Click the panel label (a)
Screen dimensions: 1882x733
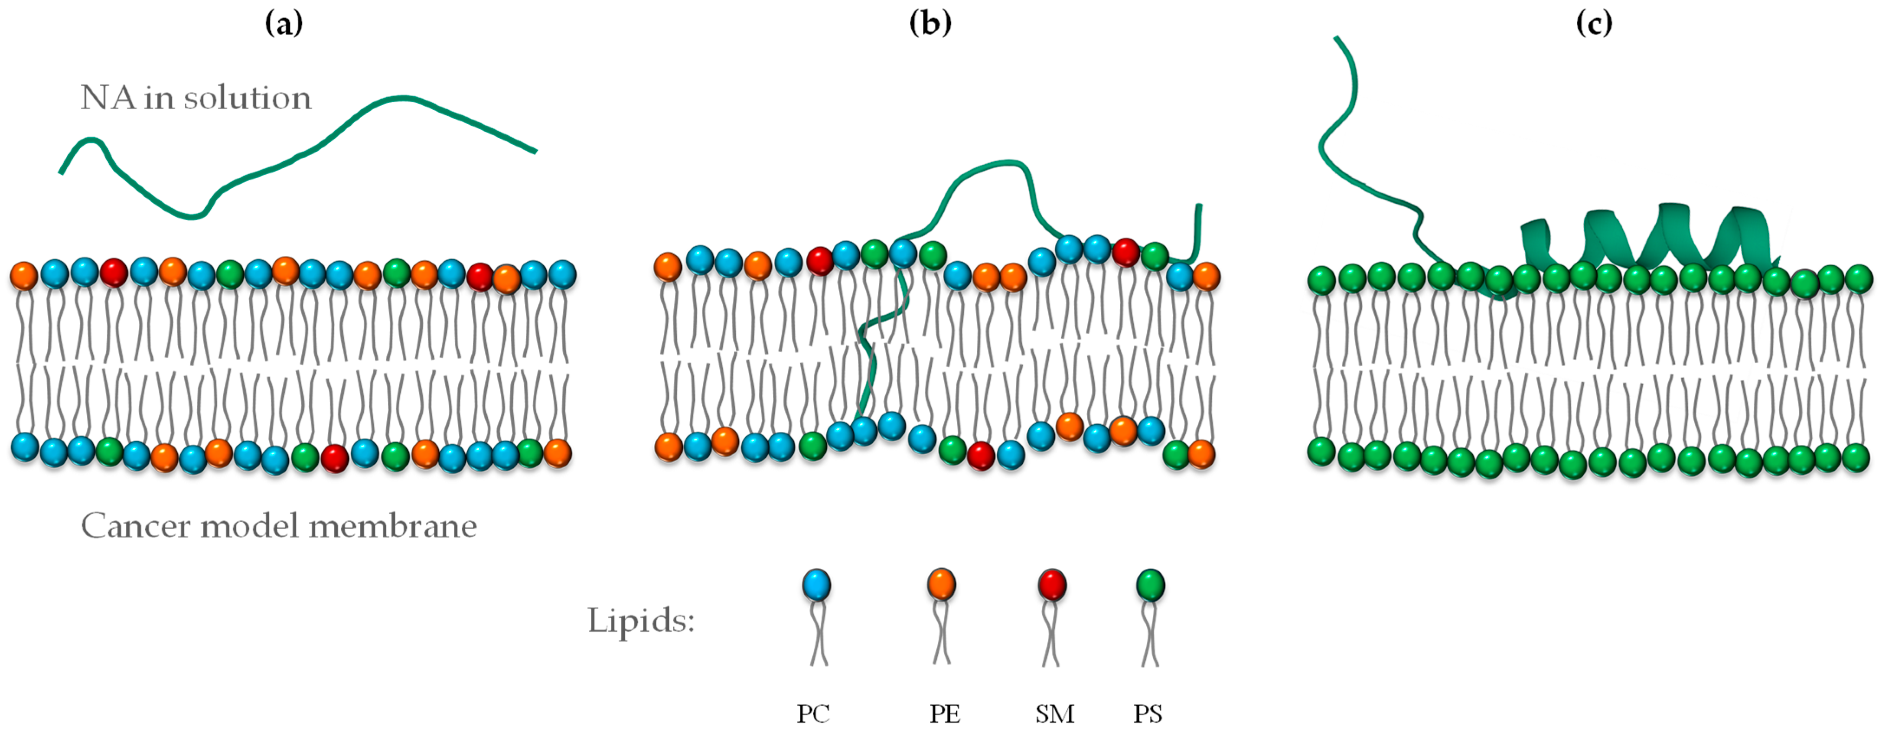tap(284, 24)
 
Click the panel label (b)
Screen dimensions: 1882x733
tap(930, 24)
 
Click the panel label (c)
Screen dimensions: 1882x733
tap(1593, 24)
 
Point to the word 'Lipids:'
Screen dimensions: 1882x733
tap(641, 621)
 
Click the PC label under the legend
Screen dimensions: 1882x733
tap(813, 713)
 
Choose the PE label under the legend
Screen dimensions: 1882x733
tap(945, 713)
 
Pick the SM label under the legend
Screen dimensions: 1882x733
tap(1054, 713)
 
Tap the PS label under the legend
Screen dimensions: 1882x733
tap(1148, 713)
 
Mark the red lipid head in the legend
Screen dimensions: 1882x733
tap(1052, 585)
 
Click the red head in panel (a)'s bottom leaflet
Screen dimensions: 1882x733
tap(335, 458)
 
